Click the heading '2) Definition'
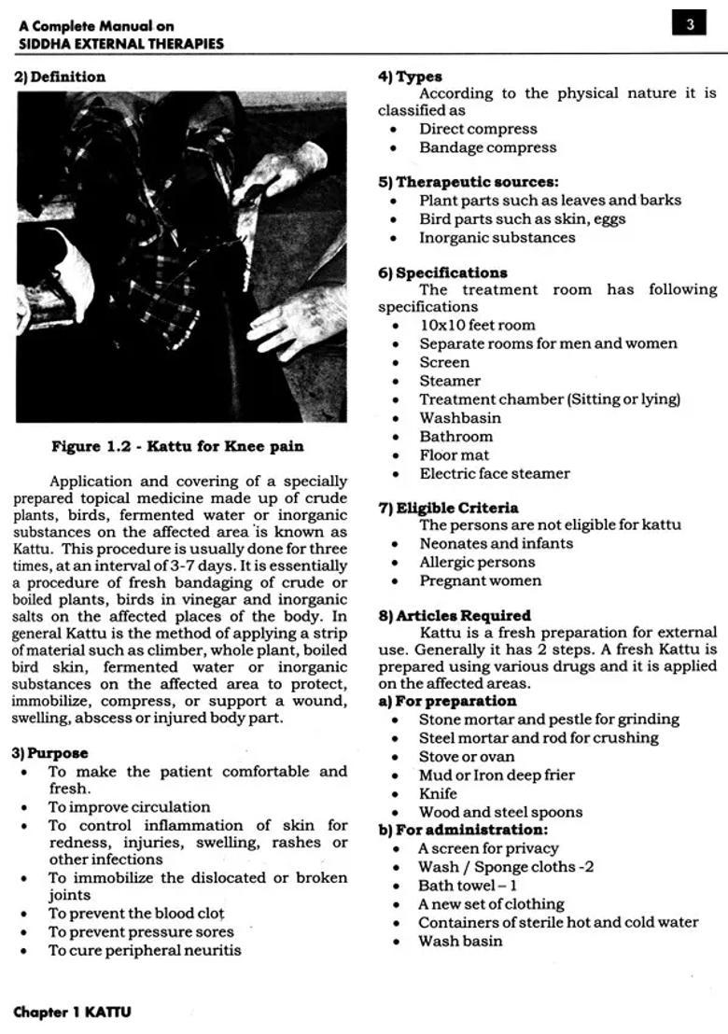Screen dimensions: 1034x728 [x=60, y=77]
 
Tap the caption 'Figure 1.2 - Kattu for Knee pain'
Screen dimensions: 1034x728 [x=177, y=446]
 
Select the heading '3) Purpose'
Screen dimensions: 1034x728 [x=51, y=753]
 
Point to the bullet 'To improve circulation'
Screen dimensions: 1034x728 [x=129, y=807]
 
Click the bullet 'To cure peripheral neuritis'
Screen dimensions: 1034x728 [x=145, y=950]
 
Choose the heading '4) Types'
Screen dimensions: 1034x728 [x=410, y=77]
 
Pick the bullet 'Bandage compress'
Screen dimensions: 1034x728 [x=487, y=147]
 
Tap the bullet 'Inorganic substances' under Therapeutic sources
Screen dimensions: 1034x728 [x=497, y=237]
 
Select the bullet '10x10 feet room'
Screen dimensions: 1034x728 [x=477, y=325]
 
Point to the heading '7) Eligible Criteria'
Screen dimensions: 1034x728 [x=448, y=509]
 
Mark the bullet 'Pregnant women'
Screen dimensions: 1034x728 [x=480, y=580]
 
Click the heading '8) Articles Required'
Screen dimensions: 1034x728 [x=455, y=616]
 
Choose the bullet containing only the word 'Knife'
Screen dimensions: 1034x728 [x=438, y=793]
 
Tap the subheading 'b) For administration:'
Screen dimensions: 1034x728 [x=462, y=830]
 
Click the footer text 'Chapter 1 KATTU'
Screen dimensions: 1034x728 [x=72, y=1012]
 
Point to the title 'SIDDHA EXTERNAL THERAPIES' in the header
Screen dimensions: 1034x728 [x=120, y=43]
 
